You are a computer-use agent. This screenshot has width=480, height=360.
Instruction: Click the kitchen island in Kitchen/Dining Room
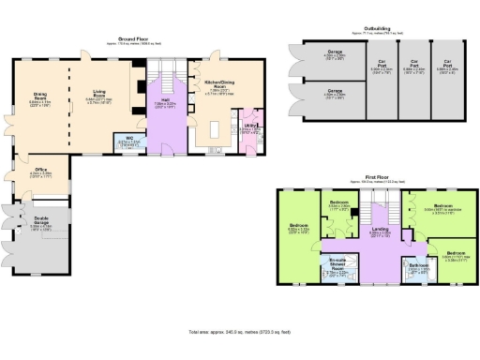pos(226,127)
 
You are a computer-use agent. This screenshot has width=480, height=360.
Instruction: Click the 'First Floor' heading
pos(378,174)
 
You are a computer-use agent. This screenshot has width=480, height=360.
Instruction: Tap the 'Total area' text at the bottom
pos(241,332)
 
